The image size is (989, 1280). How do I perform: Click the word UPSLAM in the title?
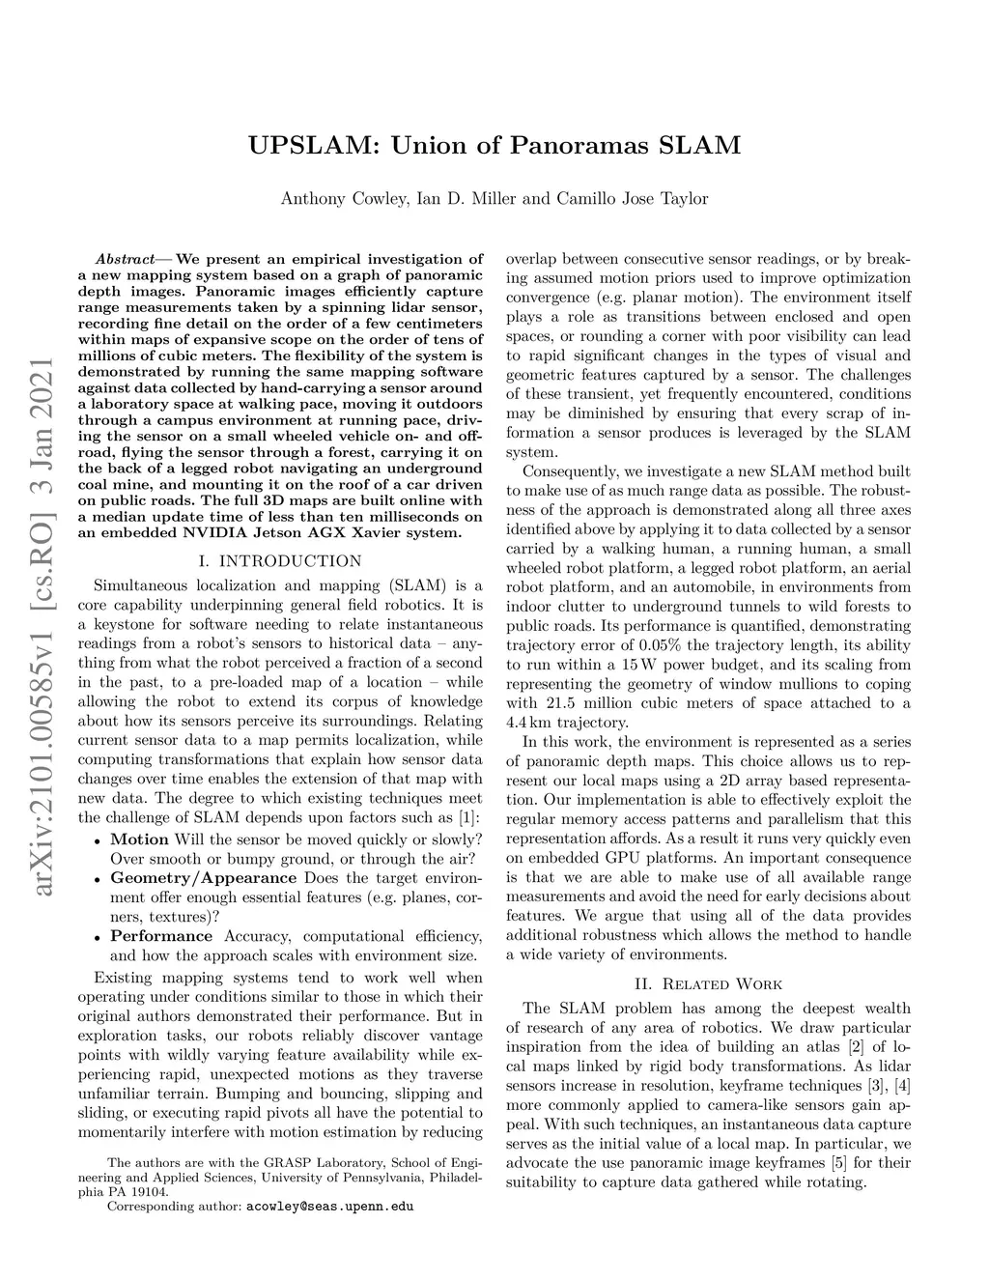tap(308, 146)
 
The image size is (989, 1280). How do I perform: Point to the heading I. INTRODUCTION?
tap(279, 560)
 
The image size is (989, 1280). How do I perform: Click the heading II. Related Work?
tap(708, 984)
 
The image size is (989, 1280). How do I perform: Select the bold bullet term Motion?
tap(139, 839)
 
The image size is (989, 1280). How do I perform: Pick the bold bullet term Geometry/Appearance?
tap(203, 878)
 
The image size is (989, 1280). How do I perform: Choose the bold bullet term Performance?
tap(161, 936)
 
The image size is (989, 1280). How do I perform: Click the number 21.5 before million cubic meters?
tap(560, 703)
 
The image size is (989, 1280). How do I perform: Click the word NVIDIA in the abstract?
tap(220, 531)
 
